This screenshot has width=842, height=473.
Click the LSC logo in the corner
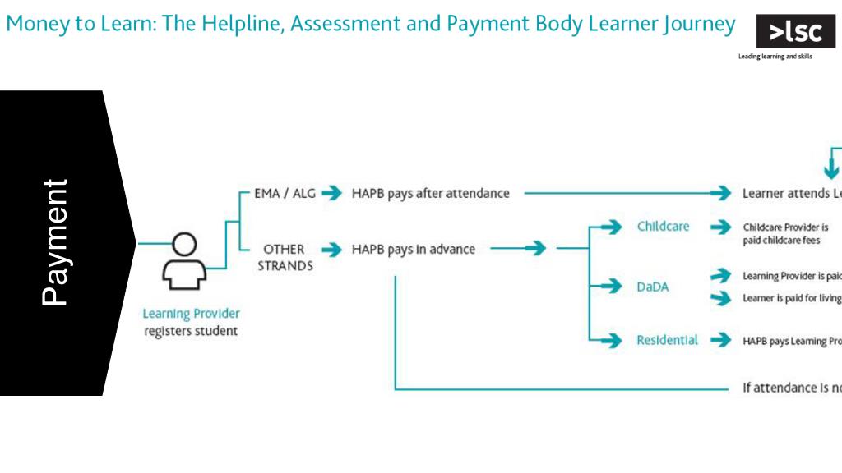tap(795, 32)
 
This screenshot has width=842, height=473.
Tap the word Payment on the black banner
tap(55, 242)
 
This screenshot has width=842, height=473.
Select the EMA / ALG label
tap(285, 194)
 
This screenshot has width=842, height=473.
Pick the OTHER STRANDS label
tap(285, 257)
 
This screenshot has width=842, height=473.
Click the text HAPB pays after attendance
tap(431, 194)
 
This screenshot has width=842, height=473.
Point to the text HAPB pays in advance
tap(414, 249)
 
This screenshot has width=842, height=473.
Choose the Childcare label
tap(663, 227)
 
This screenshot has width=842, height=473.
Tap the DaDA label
tap(653, 287)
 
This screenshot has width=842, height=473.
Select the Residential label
tap(667, 340)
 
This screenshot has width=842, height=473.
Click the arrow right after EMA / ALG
tap(331, 194)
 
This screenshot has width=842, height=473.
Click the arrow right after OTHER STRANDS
tap(331, 249)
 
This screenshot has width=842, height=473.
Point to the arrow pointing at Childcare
tap(611, 227)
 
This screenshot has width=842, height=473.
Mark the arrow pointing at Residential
tap(611, 340)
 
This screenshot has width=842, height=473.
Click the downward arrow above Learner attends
tap(831, 169)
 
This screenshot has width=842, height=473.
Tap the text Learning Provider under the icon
tap(191, 314)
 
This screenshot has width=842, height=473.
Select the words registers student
tap(191, 331)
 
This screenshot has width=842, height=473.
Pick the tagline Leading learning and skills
tap(775, 57)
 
